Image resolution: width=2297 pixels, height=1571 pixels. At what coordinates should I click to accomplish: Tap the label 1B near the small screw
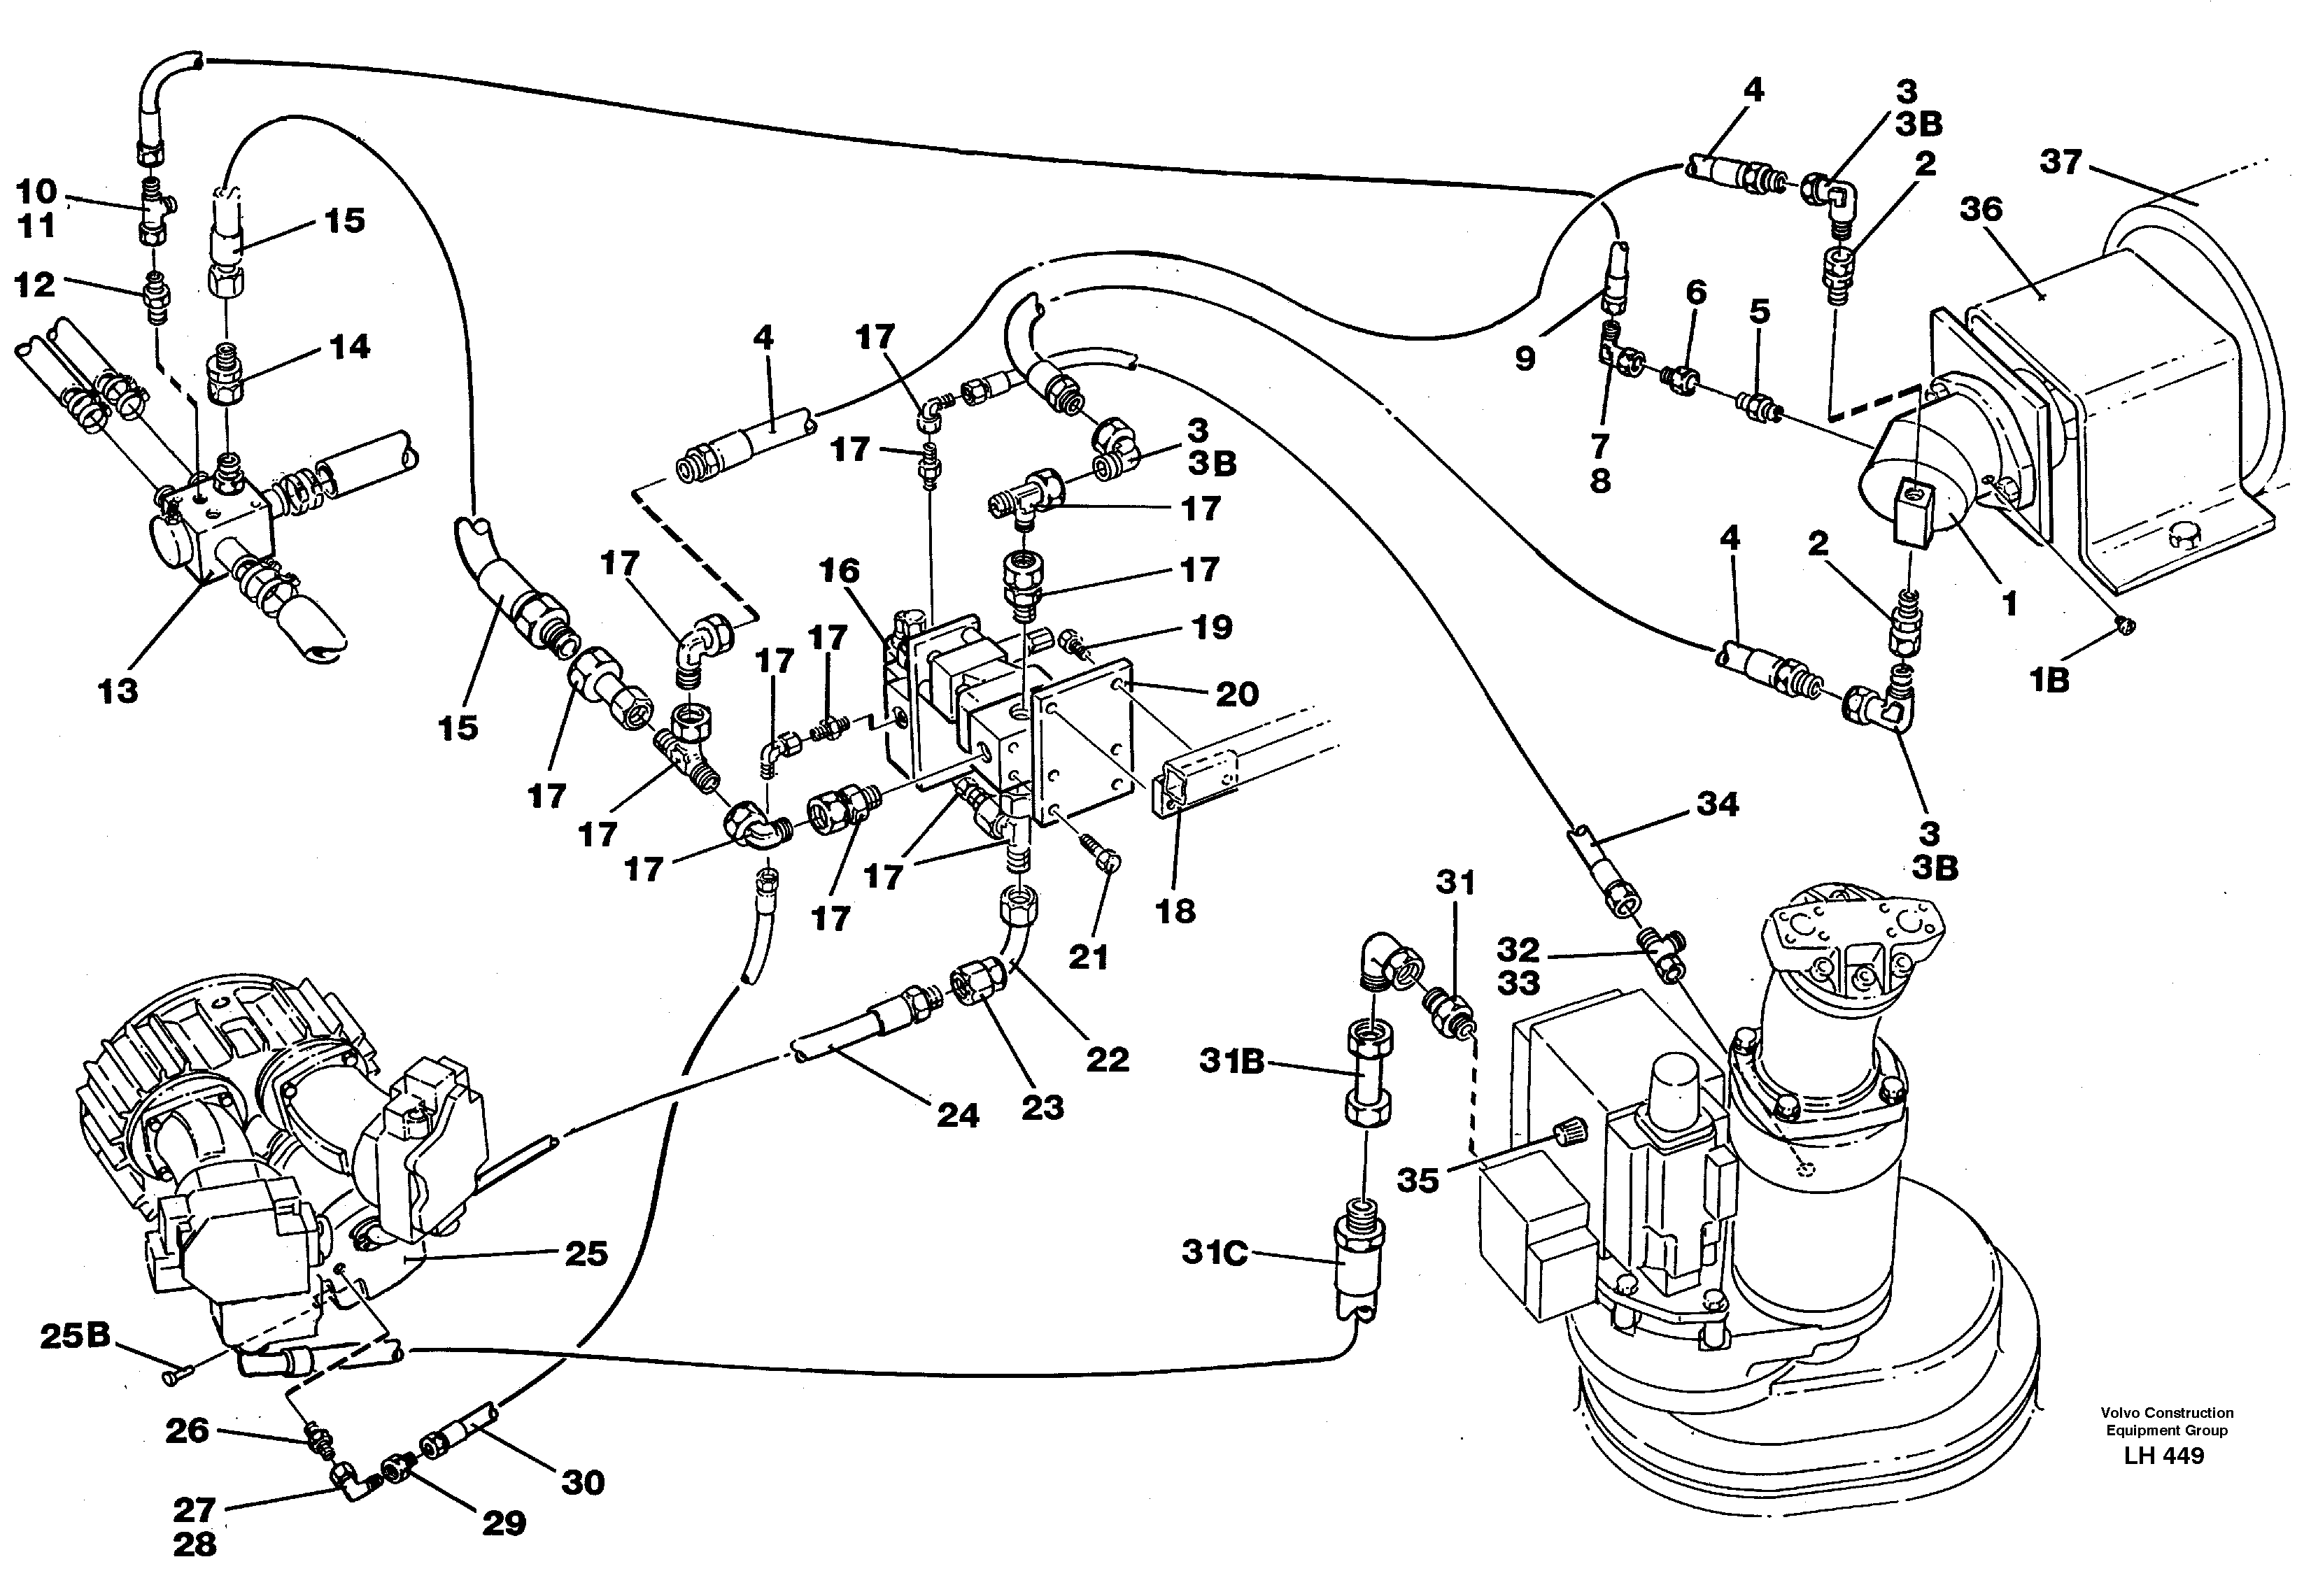(x=2049, y=680)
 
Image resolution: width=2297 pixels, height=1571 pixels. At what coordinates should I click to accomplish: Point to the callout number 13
(x=118, y=690)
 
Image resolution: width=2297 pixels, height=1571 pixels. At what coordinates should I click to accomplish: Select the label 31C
(x=1215, y=1253)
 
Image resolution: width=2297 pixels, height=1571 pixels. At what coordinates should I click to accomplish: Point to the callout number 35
(x=1418, y=1180)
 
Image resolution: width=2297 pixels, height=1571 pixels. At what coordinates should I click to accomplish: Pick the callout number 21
(x=1088, y=956)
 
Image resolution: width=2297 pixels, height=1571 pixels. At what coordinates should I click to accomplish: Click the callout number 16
(x=839, y=570)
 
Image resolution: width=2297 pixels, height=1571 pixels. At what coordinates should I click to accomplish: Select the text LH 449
(x=2163, y=1456)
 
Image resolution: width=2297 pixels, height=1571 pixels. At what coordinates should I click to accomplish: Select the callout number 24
(x=956, y=1116)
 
